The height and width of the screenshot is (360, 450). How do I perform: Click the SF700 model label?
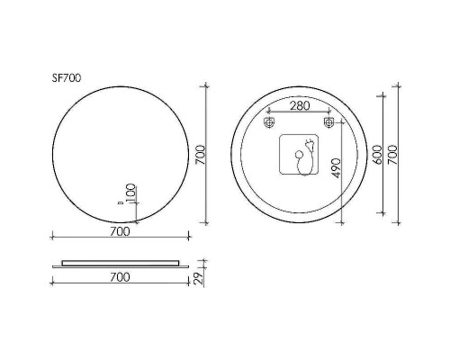point(67,78)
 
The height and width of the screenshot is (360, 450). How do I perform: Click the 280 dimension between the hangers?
point(299,106)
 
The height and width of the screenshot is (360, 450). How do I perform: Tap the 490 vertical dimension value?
point(337,168)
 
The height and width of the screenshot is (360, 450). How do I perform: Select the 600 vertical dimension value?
point(378,155)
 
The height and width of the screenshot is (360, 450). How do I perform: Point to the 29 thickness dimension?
point(199,280)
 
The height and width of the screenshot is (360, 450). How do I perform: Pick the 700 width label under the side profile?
point(120,277)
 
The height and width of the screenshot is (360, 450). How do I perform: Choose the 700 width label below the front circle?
point(120,231)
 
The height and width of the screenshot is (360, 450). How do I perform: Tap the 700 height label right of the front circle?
point(200,155)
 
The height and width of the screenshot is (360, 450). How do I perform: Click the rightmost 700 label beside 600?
point(392,155)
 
